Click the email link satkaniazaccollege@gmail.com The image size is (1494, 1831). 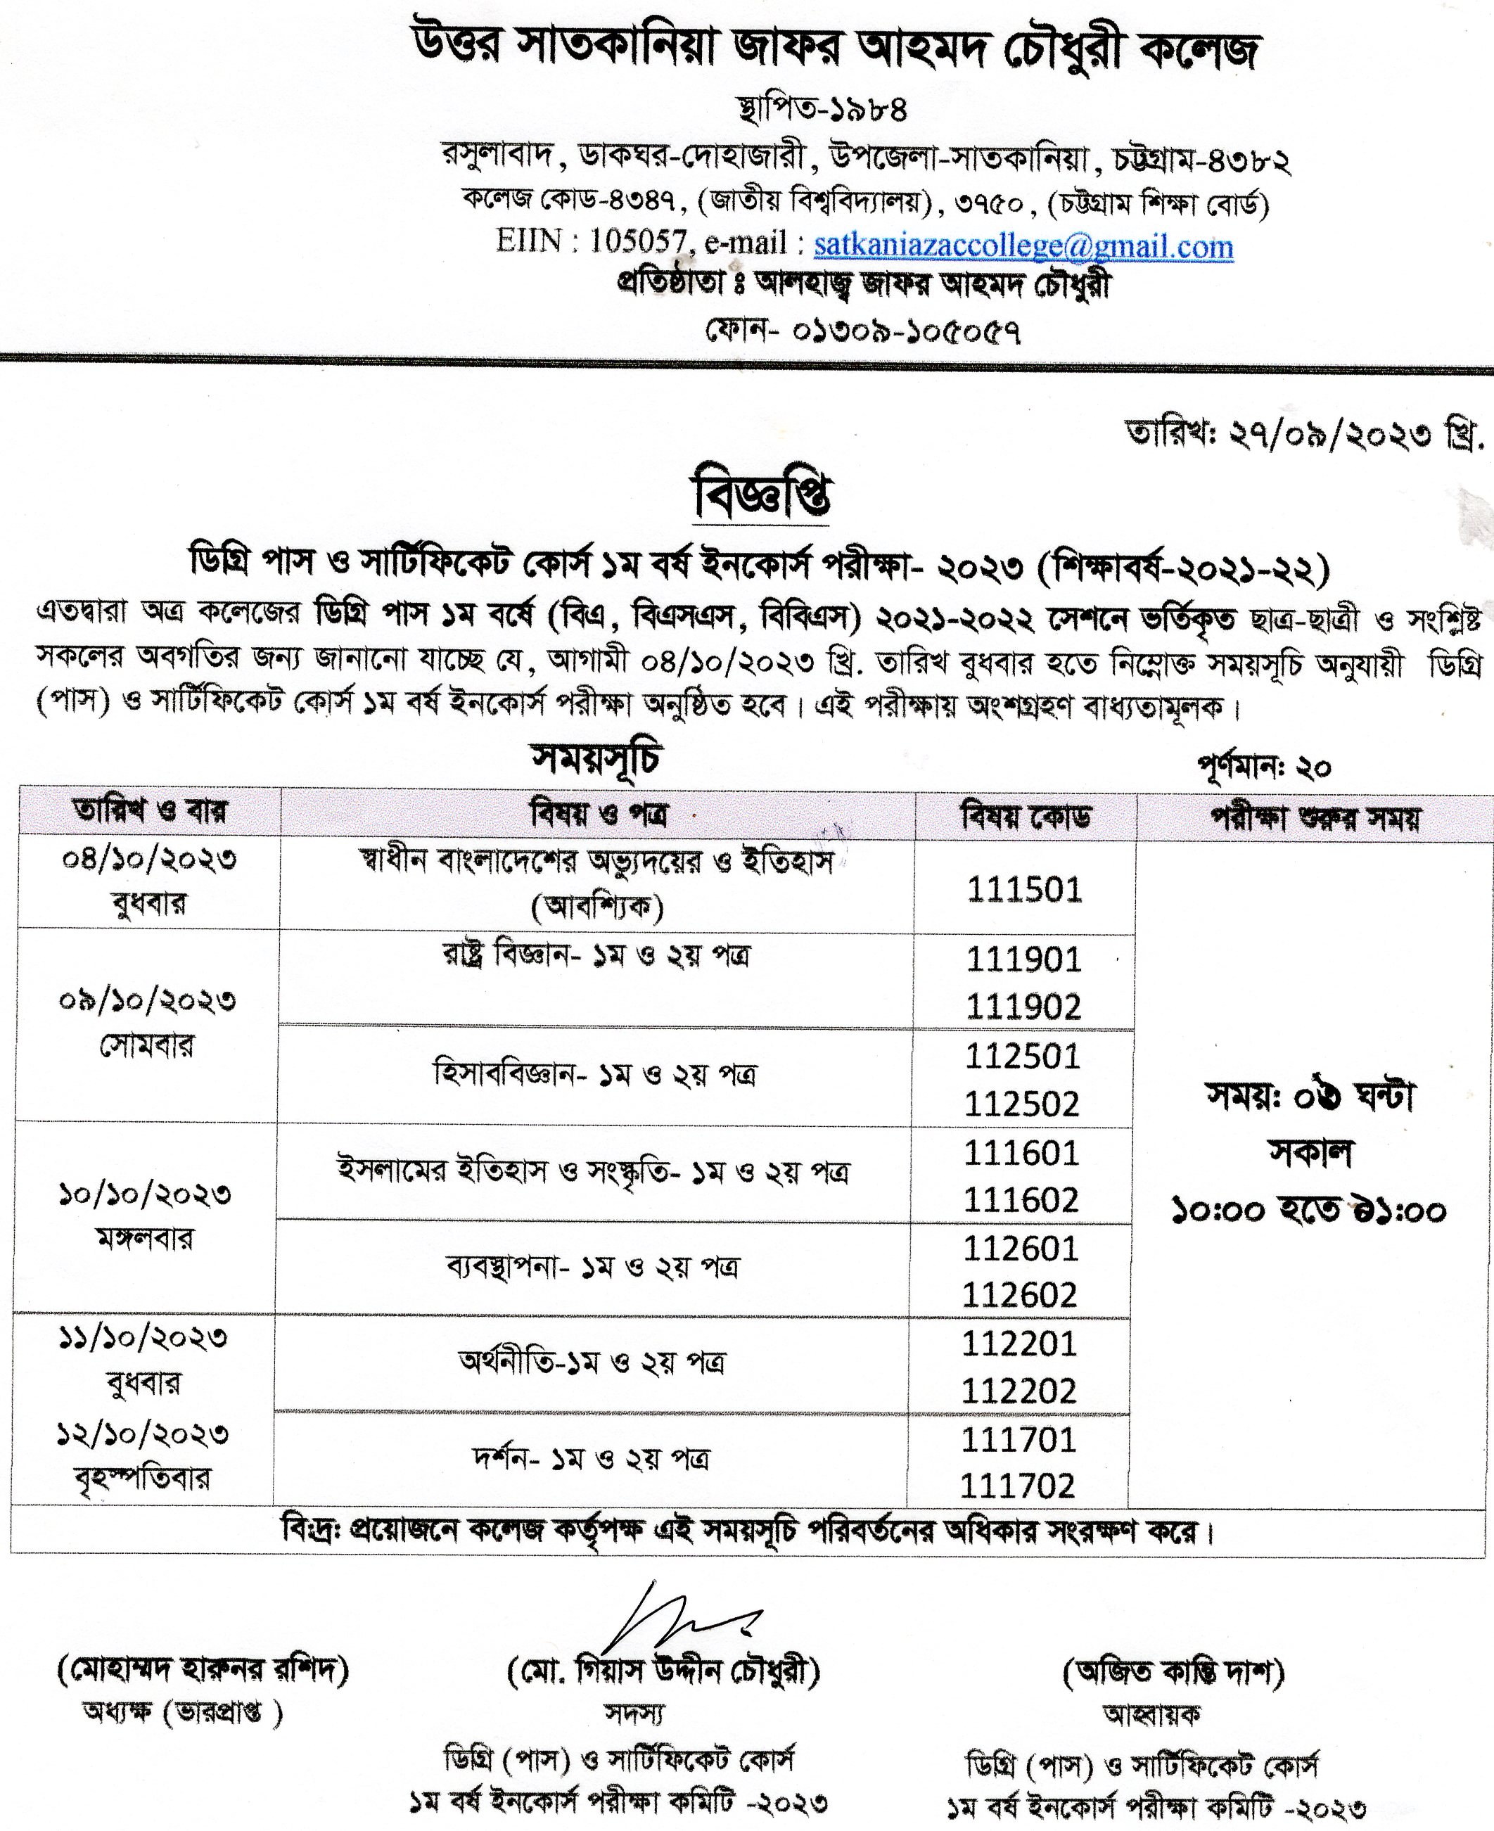coord(1023,247)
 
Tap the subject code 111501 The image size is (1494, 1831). coord(1024,890)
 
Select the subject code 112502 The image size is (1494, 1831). coord(1021,1104)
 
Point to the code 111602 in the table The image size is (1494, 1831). coord(1021,1199)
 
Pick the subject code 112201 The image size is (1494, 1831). coord(1019,1343)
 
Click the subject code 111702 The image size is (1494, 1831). coord(1017,1486)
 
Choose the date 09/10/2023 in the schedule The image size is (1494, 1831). coord(147,1002)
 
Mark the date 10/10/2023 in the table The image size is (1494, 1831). coord(145,1194)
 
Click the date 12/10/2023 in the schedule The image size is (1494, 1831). coord(143,1434)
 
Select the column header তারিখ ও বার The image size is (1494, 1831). coord(150,810)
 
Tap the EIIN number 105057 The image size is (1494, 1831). coord(637,242)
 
